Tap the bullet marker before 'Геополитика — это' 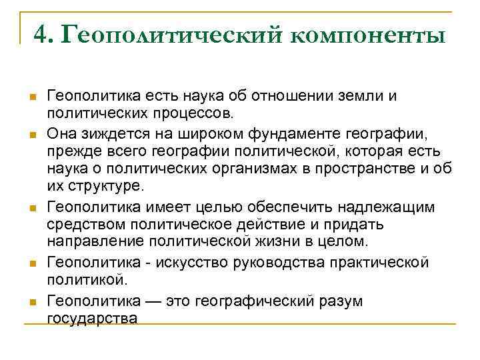[31, 301]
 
